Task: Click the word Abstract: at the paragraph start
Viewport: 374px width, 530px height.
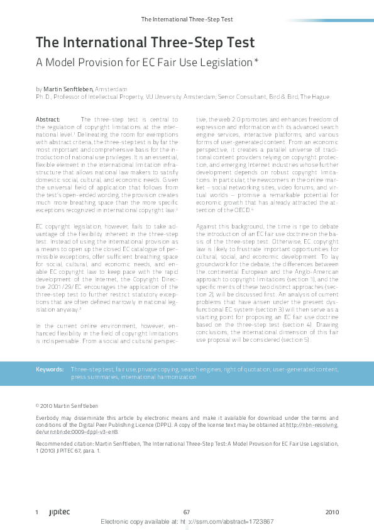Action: coord(48,119)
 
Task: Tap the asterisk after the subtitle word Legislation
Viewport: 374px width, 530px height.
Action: coord(256,62)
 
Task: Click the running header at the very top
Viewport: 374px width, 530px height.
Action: coord(187,20)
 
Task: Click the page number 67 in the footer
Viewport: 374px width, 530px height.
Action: coord(187,512)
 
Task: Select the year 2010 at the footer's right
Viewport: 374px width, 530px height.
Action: coord(333,512)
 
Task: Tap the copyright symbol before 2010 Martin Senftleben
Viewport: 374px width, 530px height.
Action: coord(38,407)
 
